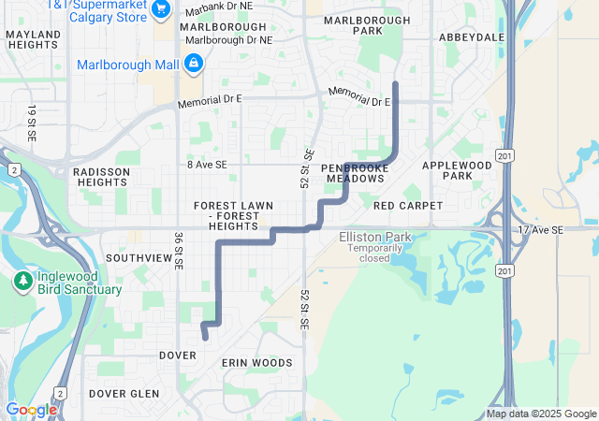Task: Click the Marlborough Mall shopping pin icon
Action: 193,64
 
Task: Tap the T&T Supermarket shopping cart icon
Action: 161,8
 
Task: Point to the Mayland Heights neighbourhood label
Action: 33,40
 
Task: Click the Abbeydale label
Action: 472,37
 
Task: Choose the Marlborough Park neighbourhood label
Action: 366,25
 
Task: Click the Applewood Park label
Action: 457,170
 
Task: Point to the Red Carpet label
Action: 402,205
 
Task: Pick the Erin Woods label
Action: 257,363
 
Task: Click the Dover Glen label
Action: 124,394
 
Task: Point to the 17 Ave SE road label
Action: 541,230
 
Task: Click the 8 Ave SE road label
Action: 207,165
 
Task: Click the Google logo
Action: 30,409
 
